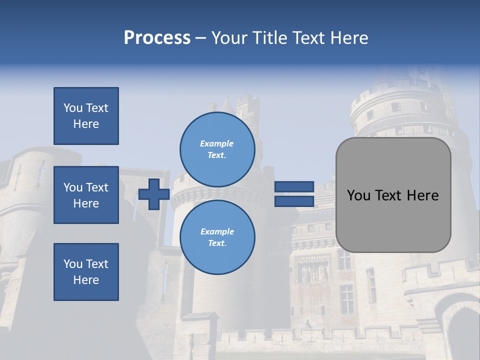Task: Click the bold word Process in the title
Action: tap(157, 38)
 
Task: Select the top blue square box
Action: tap(86, 116)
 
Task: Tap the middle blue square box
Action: tap(86, 195)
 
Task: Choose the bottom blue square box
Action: tap(86, 271)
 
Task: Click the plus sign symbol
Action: tap(153, 194)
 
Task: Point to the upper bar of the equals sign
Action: tap(294, 186)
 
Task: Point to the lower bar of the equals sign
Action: tap(294, 201)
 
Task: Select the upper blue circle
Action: tap(217, 149)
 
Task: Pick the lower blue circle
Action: tap(217, 237)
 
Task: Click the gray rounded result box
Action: tap(393, 195)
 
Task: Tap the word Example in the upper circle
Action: tap(216, 143)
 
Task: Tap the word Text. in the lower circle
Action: tap(217, 243)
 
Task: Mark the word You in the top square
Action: tap(72, 108)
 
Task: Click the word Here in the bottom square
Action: tap(86, 280)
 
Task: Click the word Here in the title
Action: tap(348, 38)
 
